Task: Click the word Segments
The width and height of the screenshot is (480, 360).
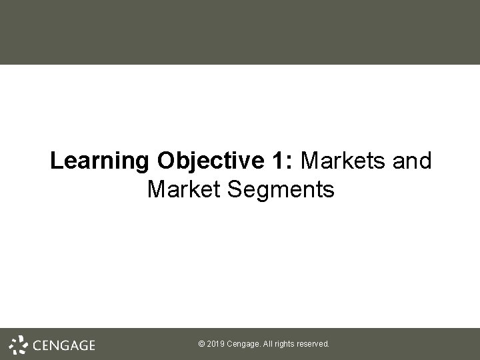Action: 280,191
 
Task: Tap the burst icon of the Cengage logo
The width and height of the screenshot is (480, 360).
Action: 19,344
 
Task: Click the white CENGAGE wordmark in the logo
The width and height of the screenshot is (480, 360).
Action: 63,345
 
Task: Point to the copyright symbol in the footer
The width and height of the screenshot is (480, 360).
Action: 202,345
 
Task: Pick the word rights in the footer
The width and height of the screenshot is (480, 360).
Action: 287,345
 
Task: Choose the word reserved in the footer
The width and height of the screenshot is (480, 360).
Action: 315,345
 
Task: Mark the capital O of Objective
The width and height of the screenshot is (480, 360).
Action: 167,161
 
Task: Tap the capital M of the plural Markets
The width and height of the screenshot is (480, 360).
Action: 311,161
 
